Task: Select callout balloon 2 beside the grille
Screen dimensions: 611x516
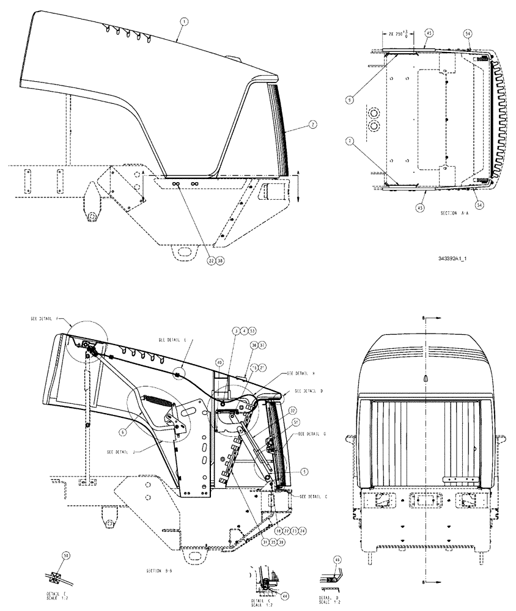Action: click(x=312, y=124)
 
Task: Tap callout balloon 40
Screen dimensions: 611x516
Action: click(x=219, y=362)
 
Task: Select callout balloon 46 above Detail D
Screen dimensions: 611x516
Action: click(x=338, y=560)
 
